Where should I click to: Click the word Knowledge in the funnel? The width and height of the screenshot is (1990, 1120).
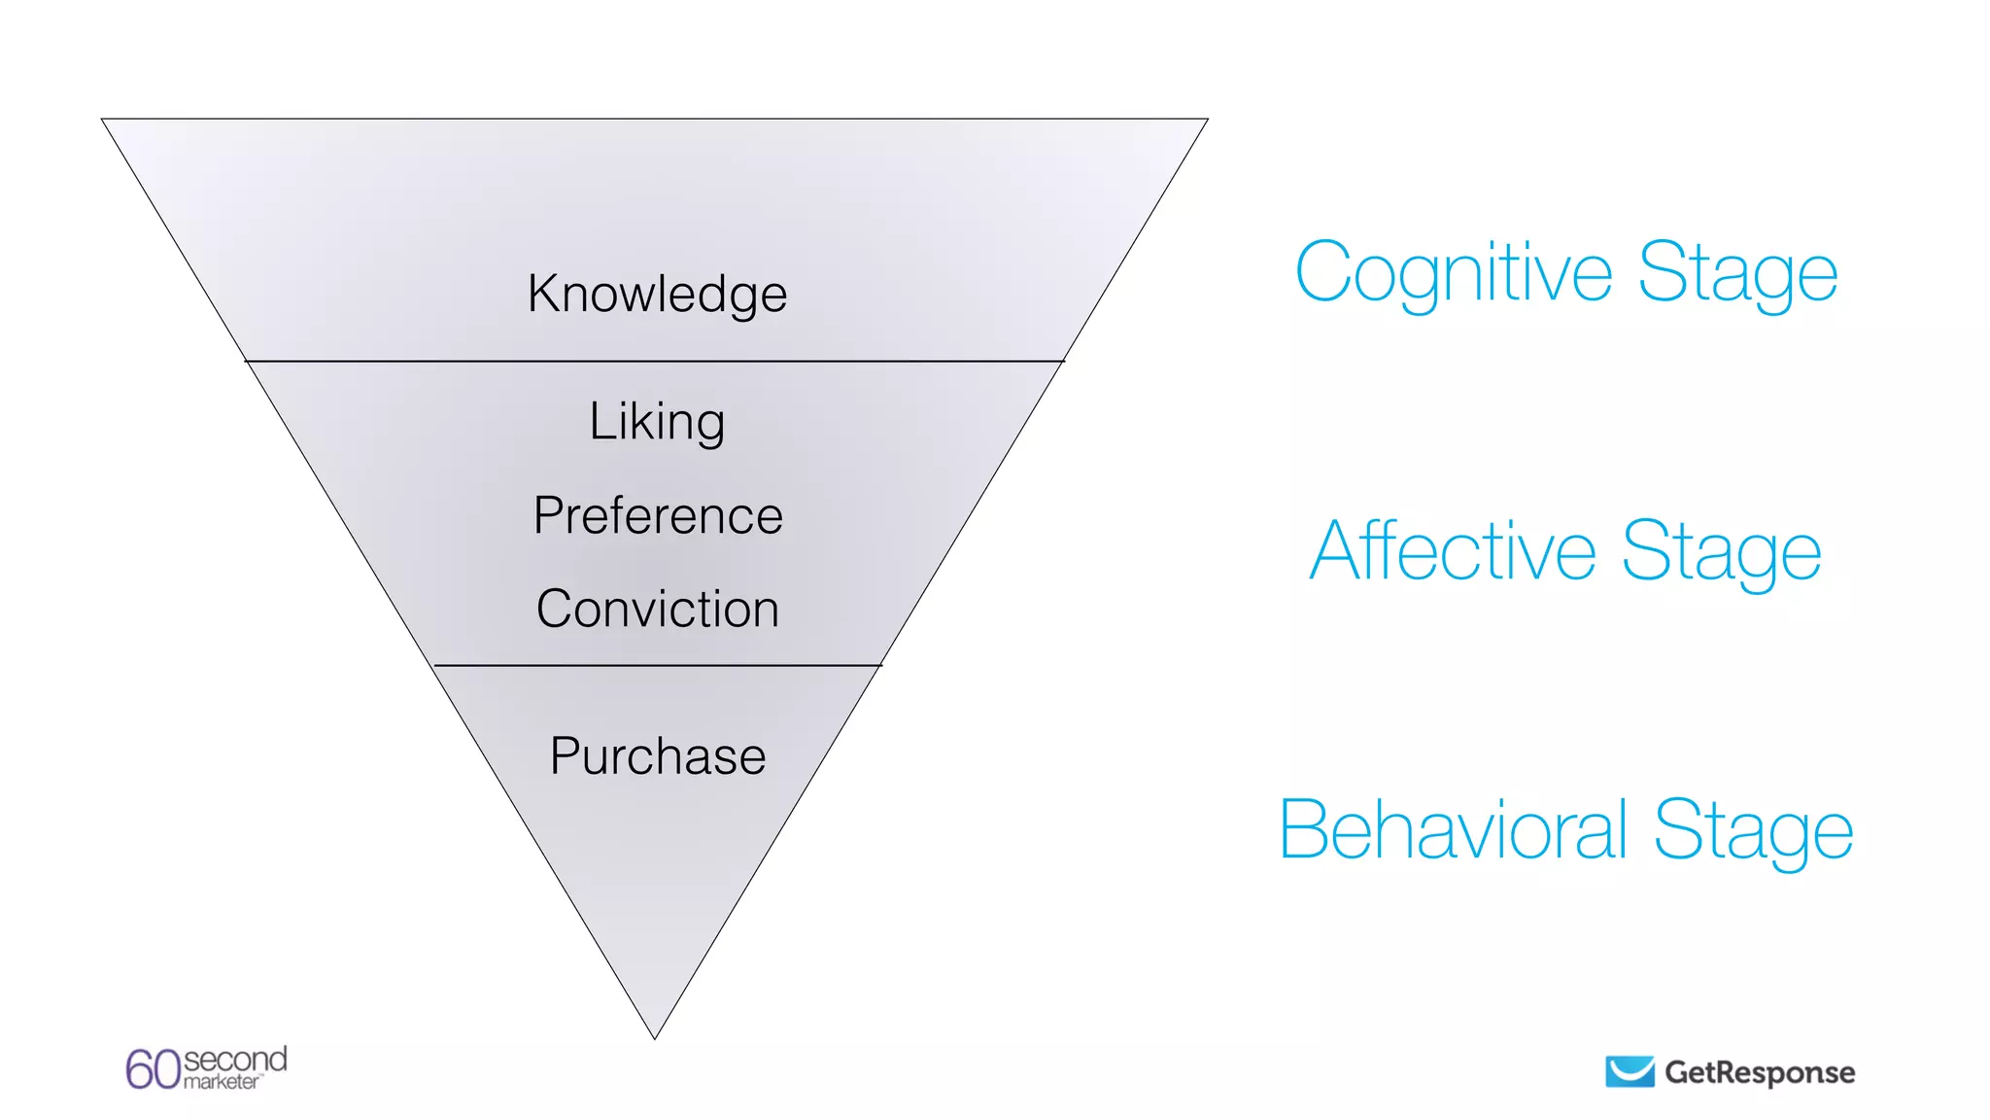pyautogui.click(x=657, y=294)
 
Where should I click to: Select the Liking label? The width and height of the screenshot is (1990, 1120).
pyautogui.click(x=657, y=422)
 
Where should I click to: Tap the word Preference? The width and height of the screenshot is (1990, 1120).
pyautogui.click(x=658, y=515)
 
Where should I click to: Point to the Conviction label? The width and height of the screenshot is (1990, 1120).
pyautogui.click(x=658, y=610)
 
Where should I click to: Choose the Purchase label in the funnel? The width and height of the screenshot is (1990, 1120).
pyautogui.click(x=658, y=756)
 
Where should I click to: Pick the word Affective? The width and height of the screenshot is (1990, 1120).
pyautogui.click(x=1453, y=551)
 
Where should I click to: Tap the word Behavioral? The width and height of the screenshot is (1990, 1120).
pyautogui.click(x=1453, y=829)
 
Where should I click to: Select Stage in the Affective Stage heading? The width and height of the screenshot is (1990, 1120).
pyautogui.click(x=1721, y=551)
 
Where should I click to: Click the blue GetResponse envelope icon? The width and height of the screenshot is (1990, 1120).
pyautogui.click(x=1630, y=1071)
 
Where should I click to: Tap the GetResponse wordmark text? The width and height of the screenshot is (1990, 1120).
pyautogui.click(x=1760, y=1072)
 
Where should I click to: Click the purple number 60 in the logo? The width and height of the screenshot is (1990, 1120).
pyautogui.click(x=154, y=1069)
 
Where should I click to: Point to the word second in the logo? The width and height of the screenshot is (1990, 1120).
pyautogui.click(x=235, y=1058)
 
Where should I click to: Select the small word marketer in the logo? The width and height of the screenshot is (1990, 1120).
pyautogui.click(x=222, y=1082)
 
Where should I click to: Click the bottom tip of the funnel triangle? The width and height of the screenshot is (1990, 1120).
pyautogui.click(x=655, y=1037)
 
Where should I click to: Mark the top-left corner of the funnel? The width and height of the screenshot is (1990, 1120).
pyautogui.click(x=103, y=120)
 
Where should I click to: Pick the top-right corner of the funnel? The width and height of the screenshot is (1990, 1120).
pyautogui.click(x=1207, y=120)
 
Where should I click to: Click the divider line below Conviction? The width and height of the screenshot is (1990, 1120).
pyautogui.click(x=657, y=666)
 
